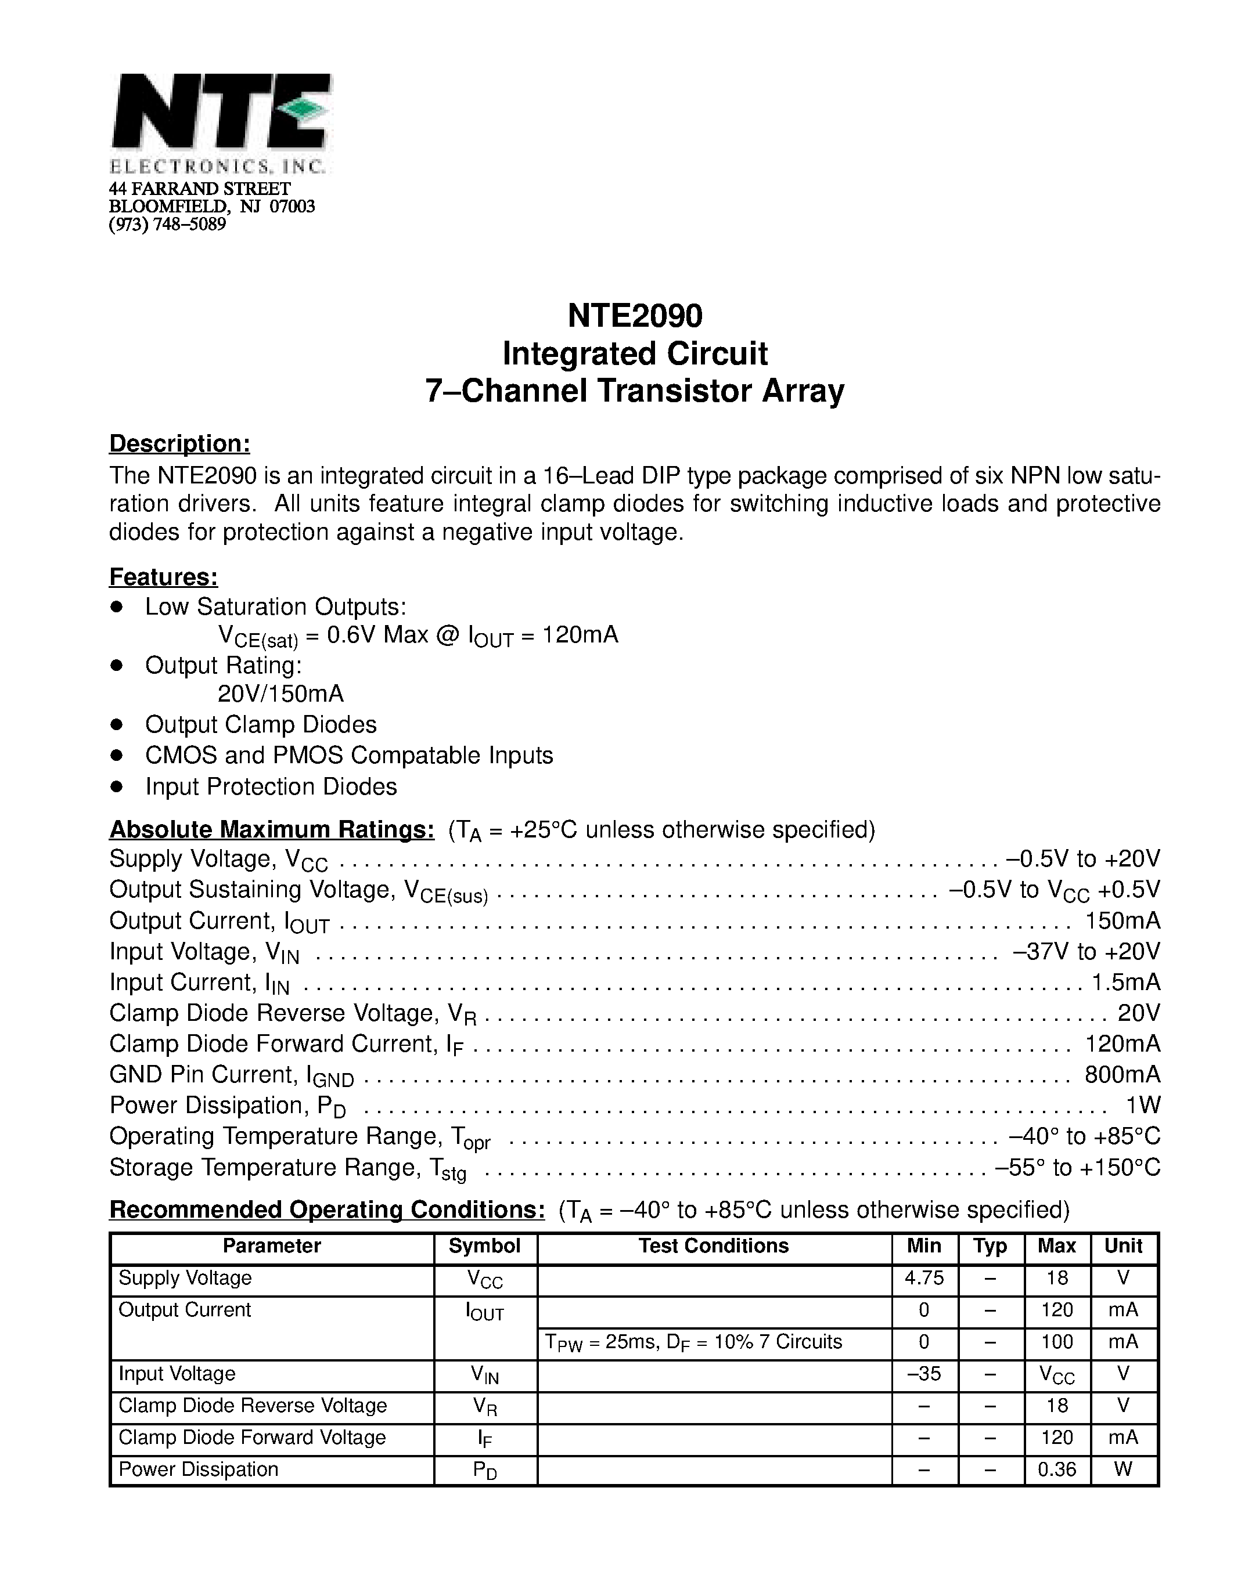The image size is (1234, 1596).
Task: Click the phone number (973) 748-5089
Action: (x=167, y=225)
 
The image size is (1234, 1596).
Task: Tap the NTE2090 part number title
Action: (x=635, y=316)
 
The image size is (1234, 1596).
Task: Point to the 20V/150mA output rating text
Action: (x=280, y=693)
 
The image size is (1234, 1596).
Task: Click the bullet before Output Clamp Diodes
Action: (x=116, y=724)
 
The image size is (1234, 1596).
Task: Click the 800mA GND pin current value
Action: (x=1122, y=1074)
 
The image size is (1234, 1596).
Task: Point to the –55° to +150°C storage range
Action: (x=1078, y=1167)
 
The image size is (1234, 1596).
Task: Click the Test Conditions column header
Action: (x=714, y=1246)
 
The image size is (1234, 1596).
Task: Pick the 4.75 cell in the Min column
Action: (x=924, y=1277)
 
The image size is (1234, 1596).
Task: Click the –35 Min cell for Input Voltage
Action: (x=924, y=1374)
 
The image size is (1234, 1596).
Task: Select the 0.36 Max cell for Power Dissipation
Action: (x=1056, y=1469)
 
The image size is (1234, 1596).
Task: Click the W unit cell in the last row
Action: (x=1123, y=1469)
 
